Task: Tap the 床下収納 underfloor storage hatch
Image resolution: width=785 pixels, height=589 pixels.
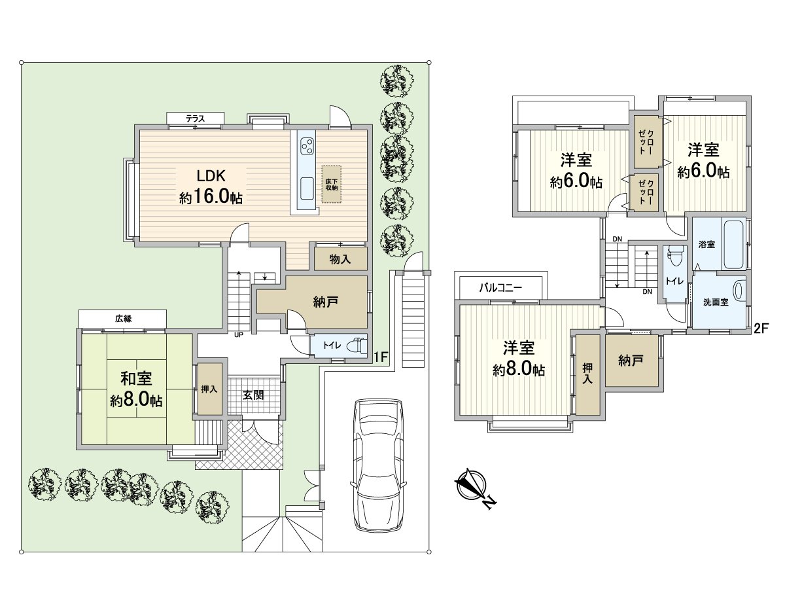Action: [331, 183]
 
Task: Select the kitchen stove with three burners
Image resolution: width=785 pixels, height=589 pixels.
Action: [306, 147]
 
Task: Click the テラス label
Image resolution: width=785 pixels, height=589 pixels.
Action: [195, 118]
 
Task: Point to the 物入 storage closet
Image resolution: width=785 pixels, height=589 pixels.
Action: [340, 259]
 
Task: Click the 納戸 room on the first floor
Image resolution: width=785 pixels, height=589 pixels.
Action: [325, 302]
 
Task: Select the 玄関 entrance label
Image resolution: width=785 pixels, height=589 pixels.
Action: [254, 395]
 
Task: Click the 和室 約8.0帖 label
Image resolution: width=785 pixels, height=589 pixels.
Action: [136, 389]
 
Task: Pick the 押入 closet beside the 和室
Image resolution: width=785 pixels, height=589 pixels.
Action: [209, 389]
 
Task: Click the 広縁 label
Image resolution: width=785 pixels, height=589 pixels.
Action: [123, 318]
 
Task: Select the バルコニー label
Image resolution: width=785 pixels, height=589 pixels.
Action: [501, 287]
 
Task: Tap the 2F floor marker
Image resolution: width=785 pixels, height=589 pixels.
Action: [760, 329]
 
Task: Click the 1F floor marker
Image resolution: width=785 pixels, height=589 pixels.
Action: [381, 357]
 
